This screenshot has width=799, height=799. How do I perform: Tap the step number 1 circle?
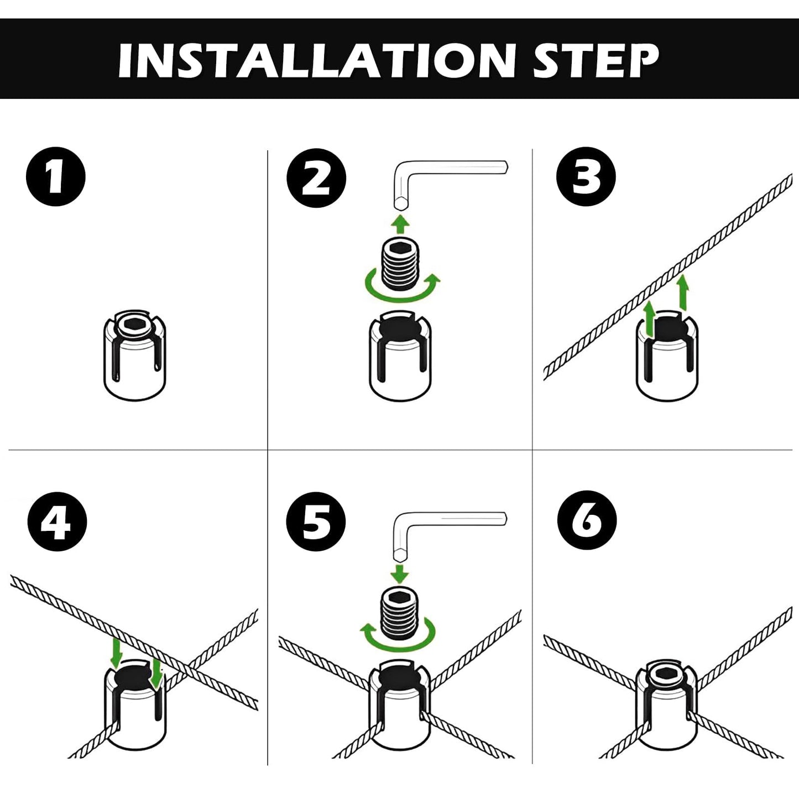click(x=55, y=176)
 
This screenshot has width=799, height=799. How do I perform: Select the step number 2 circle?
click(x=316, y=178)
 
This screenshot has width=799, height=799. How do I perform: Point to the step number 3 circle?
click(x=586, y=176)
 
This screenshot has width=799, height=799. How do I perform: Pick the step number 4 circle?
click(x=57, y=521)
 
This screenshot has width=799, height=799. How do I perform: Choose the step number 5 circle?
click(x=316, y=521)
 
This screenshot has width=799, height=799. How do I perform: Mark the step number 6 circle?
click(x=587, y=521)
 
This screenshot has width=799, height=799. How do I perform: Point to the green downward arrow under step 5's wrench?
click(x=400, y=573)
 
